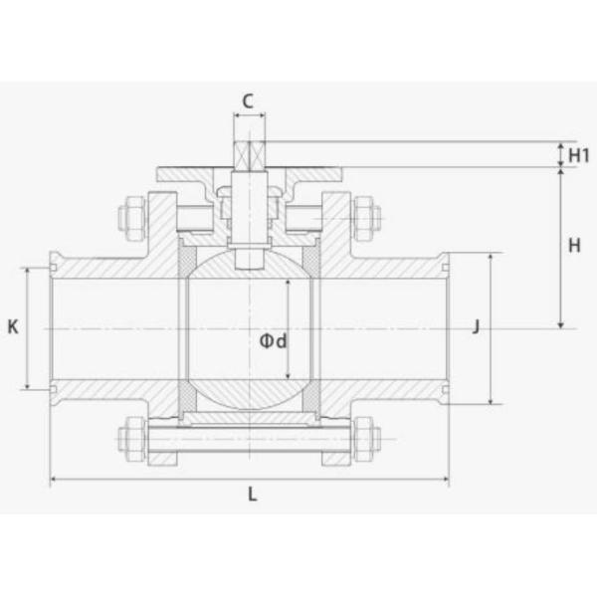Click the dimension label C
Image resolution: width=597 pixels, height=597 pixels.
tap(248, 101)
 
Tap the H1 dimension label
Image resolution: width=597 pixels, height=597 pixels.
tap(579, 155)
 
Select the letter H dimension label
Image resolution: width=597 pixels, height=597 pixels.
tap(574, 246)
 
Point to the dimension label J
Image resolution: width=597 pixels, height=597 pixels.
tap(476, 326)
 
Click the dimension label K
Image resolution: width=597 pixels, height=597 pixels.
tap(13, 326)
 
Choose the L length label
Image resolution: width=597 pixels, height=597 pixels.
tap(253, 495)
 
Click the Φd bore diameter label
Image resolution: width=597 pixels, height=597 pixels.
tap(273, 341)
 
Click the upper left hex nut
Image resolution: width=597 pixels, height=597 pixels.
tap(131, 219)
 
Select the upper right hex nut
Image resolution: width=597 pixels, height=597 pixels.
tap(366, 219)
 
